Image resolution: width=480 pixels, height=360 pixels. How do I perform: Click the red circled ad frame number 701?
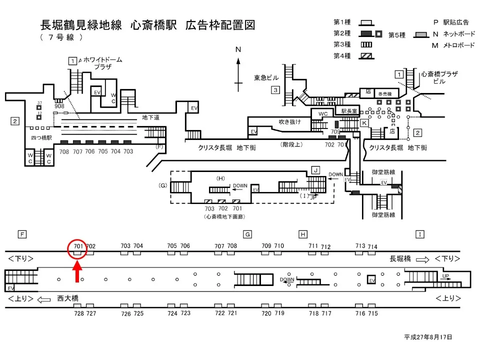tap(77, 246)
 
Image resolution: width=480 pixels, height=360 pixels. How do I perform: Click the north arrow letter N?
tap(238, 49)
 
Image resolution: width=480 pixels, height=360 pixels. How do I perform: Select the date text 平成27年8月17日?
tap(428, 337)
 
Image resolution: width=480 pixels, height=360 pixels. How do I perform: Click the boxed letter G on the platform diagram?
tap(247, 234)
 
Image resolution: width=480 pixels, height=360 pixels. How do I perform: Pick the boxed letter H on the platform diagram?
tap(302, 234)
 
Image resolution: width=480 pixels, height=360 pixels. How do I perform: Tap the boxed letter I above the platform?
tap(420, 234)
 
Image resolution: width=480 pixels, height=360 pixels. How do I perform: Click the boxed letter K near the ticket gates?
tap(364, 122)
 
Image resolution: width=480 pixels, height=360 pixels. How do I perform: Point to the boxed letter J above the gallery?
tap(315, 170)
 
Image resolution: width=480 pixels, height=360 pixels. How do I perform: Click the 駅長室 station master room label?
tap(349, 111)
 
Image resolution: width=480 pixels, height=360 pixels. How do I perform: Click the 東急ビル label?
tap(266, 78)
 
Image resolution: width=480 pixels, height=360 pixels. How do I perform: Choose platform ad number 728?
tap(78, 313)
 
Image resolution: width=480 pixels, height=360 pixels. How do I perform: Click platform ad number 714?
tap(372, 247)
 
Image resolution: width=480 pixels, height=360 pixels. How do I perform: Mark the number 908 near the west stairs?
tap(59, 106)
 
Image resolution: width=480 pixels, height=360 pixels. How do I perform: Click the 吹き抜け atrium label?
tap(290, 122)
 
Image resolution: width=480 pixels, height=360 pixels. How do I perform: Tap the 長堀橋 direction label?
tap(400, 258)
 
